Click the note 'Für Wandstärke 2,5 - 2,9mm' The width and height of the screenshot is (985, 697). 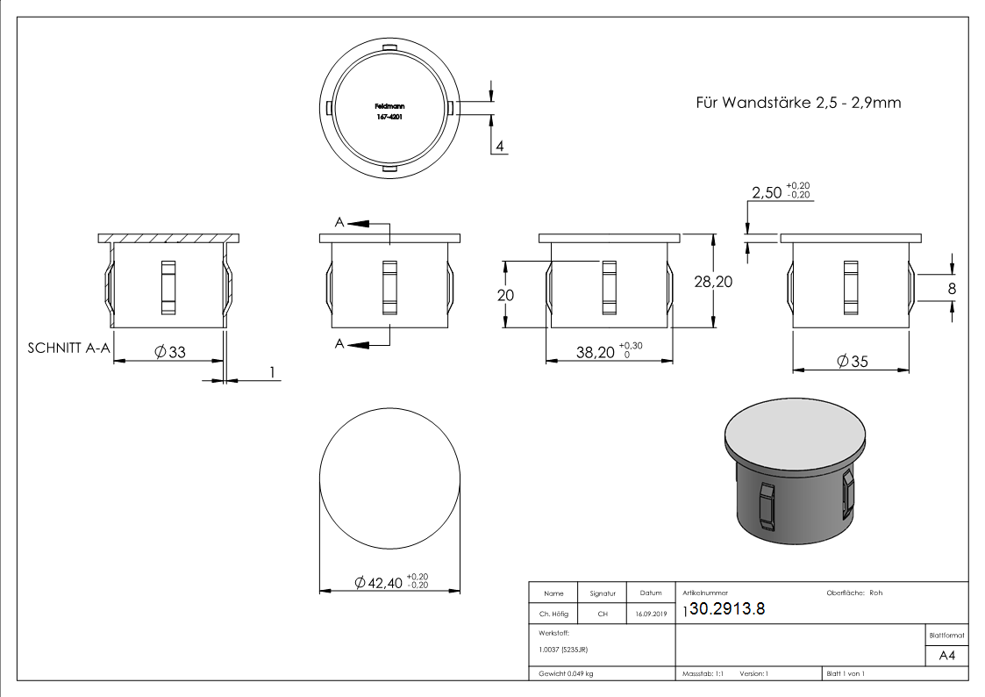tap(798, 103)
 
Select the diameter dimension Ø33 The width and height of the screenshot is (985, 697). tap(169, 352)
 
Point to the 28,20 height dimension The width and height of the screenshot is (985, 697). tap(733, 281)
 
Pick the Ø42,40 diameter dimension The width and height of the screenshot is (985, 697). tap(389, 582)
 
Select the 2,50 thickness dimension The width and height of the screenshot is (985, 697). tap(767, 191)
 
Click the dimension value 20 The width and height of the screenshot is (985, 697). tap(505, 295)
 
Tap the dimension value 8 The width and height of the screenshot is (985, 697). tap(952, 288)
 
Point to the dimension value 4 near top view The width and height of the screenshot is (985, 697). tap(499, 147)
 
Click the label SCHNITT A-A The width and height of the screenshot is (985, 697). tap(68, 348)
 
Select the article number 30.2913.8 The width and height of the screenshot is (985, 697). tap(728, 611)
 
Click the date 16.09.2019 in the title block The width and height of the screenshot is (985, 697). tap(650, 614)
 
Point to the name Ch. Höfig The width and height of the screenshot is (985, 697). tap(553, 614)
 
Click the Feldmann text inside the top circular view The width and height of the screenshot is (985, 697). tap(389, 105)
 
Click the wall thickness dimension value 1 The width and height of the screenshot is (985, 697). tap(272, 372)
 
